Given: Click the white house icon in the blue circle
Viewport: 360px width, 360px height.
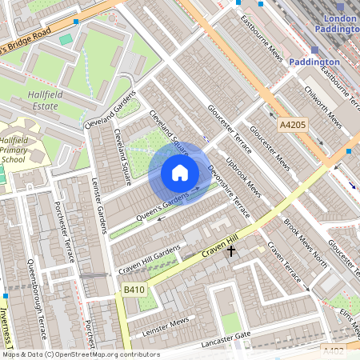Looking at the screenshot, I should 180,173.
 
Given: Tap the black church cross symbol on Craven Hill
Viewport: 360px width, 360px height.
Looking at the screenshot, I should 232,251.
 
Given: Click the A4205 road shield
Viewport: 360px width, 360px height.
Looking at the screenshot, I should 293,125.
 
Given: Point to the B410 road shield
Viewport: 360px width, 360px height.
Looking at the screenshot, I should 134,289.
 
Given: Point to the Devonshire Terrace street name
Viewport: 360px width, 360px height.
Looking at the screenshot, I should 229,187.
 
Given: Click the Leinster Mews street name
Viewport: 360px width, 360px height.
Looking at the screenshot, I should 164,323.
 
